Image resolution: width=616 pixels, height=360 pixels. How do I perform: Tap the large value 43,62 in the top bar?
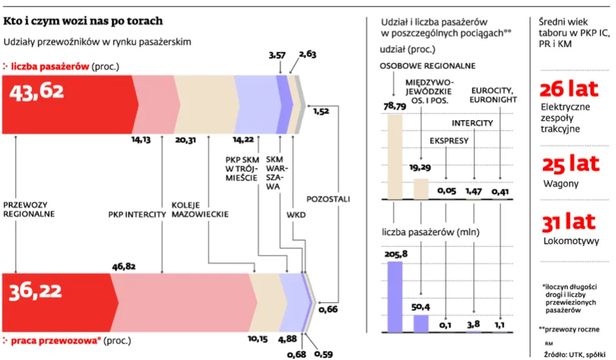pyautogui.click(x=37, y=93)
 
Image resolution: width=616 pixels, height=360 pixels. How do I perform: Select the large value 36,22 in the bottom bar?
pyautogui.click(x=37, y=295)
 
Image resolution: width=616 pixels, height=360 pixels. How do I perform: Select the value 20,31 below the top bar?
pyautogui.click(x=187, y=139)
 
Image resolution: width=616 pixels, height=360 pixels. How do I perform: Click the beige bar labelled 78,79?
pyautogui.click(x=395, y=156)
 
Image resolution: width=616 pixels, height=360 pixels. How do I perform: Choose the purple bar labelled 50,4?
pyautogui.click(x=421, y=323)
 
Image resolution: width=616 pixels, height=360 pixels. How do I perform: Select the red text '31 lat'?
pyautogui.click(x=568, y=222)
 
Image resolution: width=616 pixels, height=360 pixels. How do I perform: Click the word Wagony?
pyautogui.click(x=561, y=183)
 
